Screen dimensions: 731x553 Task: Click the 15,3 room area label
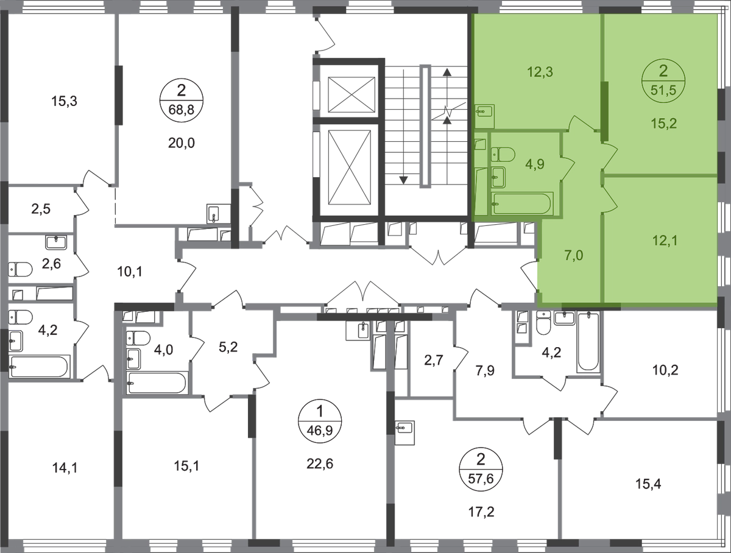click(65, 101)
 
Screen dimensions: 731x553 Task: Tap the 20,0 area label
click(181, 143)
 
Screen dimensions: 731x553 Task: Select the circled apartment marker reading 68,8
click(181, 100)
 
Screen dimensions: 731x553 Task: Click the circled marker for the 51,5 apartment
click(663, 80)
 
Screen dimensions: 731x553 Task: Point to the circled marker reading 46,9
click(320, 421)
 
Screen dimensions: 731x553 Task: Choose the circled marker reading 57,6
click(481, 469)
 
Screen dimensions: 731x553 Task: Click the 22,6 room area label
click(320, 463)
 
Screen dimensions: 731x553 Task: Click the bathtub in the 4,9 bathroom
click(522, 203)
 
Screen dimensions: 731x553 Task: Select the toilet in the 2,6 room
click(20, 269)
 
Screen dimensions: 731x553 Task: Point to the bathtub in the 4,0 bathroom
click(156, 383)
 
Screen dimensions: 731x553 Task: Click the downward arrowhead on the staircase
click(403, 180)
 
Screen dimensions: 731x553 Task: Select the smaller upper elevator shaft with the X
click(351, 95)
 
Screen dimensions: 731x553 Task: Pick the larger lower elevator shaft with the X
click(349, 167)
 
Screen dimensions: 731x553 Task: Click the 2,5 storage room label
click(41, 209)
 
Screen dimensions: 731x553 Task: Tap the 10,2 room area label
click(665, 370)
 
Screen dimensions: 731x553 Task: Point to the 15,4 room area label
click(648, 484)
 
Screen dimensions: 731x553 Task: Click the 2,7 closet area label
click(434, 360)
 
